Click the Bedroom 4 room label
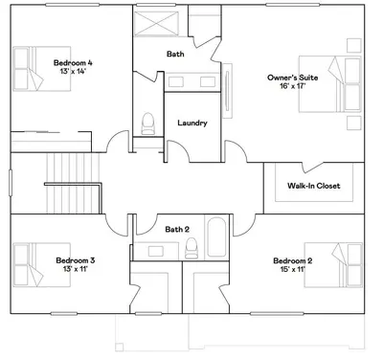click(73, 63)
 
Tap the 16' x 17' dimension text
click(293, 86)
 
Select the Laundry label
click(192, 123)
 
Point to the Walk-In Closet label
click(313, 186)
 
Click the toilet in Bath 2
click(191, 248)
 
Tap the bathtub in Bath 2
click(216, 237)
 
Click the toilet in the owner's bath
click(147, 124)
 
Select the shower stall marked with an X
click(156, 23)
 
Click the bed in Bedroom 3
click(42, 264)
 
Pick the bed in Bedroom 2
click(333, 265)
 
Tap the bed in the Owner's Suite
click(329, 84)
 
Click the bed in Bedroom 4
click(42, 69)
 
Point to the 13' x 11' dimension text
click(75, 269)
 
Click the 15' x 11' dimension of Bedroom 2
click(293, 269)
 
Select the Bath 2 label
click(177, 230)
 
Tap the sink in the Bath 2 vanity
click(156, 251)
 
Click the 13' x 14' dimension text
click(73, 72)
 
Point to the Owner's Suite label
click(293, 78)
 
